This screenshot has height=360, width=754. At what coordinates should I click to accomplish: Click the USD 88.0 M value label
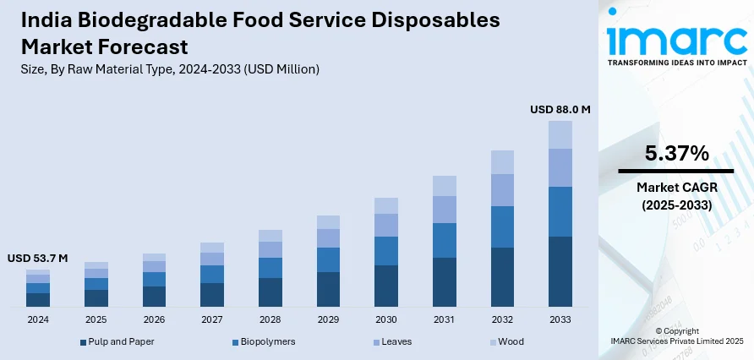(560, 109)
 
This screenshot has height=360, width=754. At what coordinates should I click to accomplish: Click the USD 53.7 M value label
(38, 258)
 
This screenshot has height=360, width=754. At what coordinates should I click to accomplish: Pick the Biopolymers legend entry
(266, 341)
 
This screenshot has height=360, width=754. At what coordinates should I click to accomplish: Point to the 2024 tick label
(38, 319)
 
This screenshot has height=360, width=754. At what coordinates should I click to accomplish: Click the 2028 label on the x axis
(270, 319)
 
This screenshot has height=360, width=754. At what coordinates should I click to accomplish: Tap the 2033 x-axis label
(560, 319)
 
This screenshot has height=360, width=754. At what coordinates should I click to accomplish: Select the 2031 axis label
(445, 319)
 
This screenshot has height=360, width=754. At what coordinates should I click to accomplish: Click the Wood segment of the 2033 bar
(560, 134)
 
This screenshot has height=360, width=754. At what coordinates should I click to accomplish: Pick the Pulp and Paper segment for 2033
(560, 271)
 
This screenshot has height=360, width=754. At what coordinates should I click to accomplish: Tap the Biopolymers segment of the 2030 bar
(386, 251)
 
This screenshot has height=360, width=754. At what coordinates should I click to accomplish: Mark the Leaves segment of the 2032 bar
(502, 190)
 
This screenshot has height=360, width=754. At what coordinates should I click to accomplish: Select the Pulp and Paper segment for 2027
(212, 294)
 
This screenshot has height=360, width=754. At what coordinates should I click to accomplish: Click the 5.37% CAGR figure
(676, 153)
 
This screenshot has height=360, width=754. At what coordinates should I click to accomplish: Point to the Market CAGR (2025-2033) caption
(676, 197)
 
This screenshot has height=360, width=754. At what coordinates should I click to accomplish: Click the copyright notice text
(676, 335)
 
